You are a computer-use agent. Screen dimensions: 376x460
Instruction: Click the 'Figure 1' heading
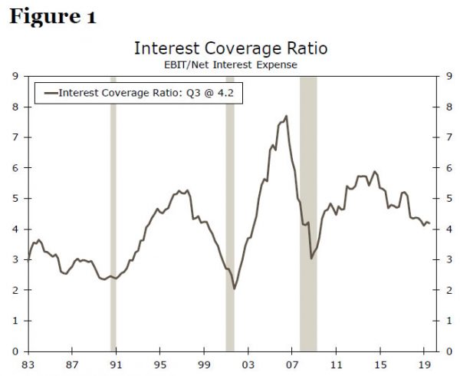52,18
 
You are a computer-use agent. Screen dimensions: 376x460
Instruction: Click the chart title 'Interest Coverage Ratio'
231,49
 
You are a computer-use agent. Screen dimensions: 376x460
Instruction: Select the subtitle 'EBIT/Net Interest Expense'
231,65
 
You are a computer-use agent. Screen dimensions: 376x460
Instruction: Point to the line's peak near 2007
287,117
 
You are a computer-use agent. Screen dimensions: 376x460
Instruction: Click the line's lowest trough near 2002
234,289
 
